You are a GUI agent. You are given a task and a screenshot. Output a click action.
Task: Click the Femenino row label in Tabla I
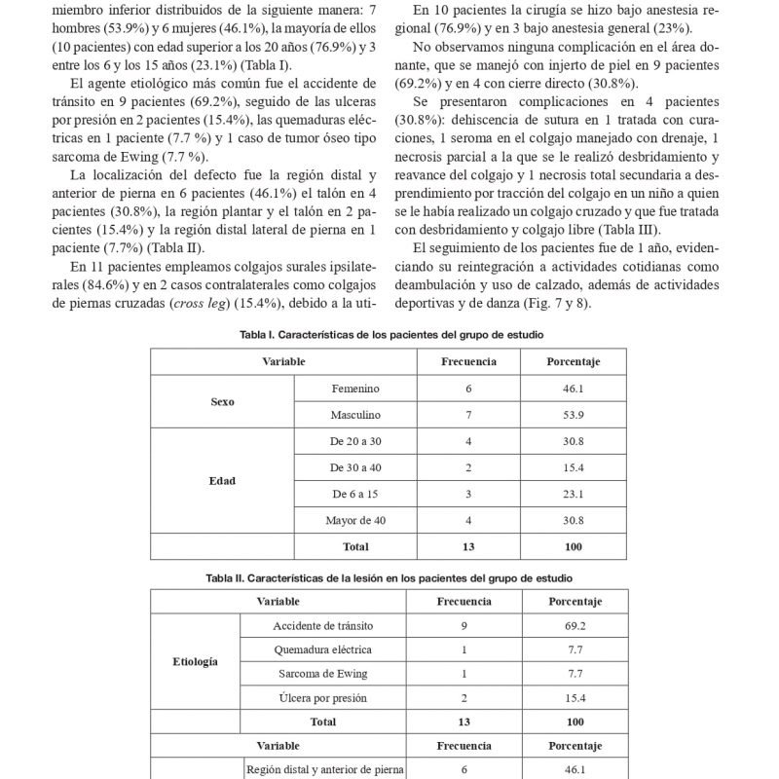[353, 388]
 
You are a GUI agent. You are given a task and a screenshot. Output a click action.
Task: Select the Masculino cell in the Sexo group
[353, 415]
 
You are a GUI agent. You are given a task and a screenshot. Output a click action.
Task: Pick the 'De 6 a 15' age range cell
[353, 495]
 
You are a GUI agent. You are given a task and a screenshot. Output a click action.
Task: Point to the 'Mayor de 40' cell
[353, 521]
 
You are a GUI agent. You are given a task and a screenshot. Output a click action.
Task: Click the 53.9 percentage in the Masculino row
[574, 415]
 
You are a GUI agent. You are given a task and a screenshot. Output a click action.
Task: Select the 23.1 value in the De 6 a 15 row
[574, 495]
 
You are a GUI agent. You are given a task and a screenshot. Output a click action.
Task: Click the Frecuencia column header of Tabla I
[468, 361]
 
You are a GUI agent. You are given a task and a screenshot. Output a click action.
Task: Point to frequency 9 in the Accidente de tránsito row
[463, 623]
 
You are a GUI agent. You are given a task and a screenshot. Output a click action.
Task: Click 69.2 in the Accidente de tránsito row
[574, 623]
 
